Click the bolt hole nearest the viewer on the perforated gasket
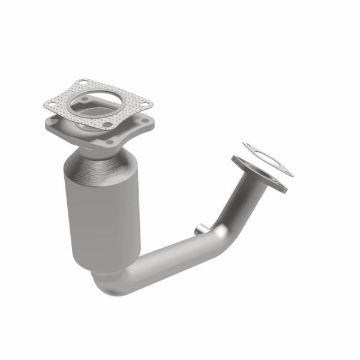[107, 125]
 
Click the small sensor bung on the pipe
[199, 228]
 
